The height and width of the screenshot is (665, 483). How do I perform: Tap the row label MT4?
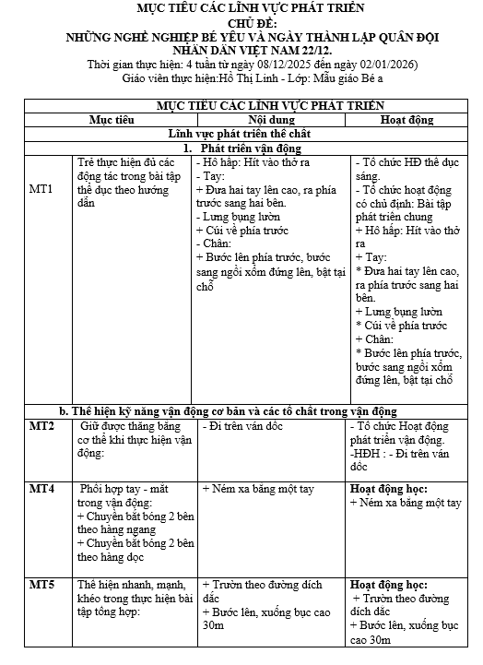[41, 486]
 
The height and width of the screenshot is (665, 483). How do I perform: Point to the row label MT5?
[41, 585]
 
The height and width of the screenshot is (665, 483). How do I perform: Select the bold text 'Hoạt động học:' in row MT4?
[388, 487]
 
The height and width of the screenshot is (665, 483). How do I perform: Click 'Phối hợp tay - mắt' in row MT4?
[132, 487]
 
